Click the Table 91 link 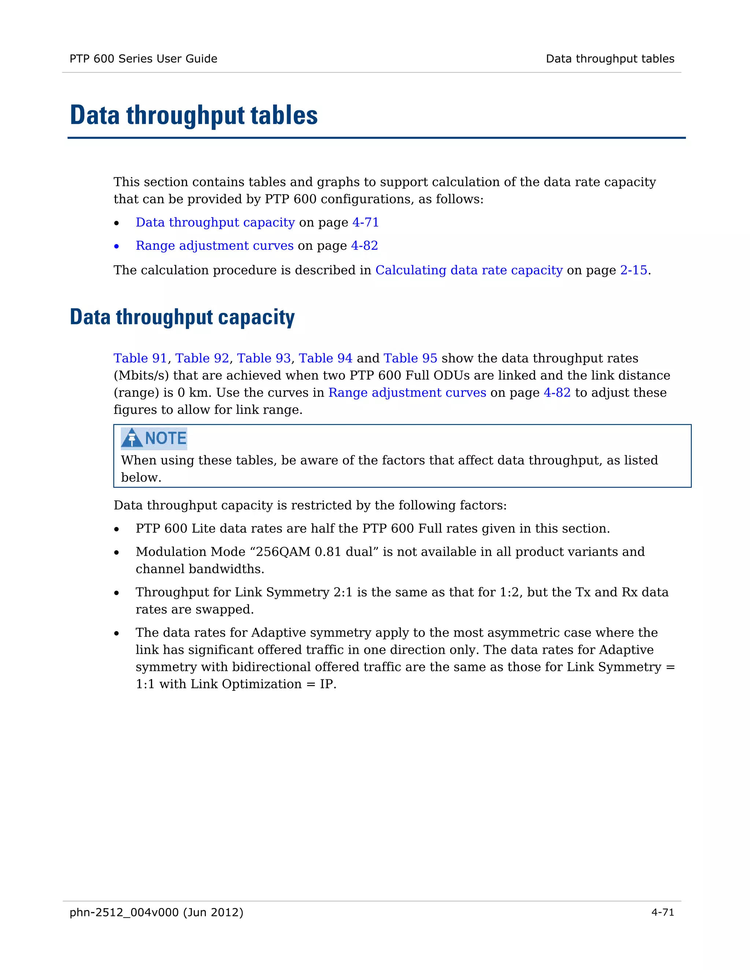[140, 358]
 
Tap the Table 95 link [410, 358]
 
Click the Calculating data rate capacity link [469, 270]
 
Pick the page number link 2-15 [633, 270]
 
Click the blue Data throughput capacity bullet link [215, 222]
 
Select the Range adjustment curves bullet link [215, 246]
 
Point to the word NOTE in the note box [166, 439]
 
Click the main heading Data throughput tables [194, 115]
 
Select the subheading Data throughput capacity [182, 317]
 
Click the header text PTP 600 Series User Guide [143, 59]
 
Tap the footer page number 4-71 [662, 912]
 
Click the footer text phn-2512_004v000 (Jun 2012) [156, 912]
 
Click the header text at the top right [610, 59]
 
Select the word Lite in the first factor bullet [204, 529]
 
